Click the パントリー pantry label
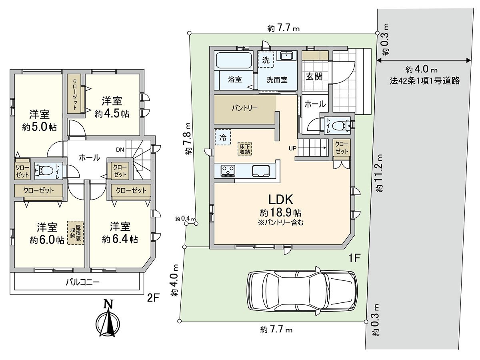244,108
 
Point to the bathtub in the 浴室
233,61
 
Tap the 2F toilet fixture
44,171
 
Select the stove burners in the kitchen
228,171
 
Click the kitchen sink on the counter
262,171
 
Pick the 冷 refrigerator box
223,138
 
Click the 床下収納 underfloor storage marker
245,148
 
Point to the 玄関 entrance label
314,76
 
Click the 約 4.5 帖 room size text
112,114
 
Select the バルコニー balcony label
83,282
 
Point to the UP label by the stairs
292,148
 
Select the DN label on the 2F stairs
120,150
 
